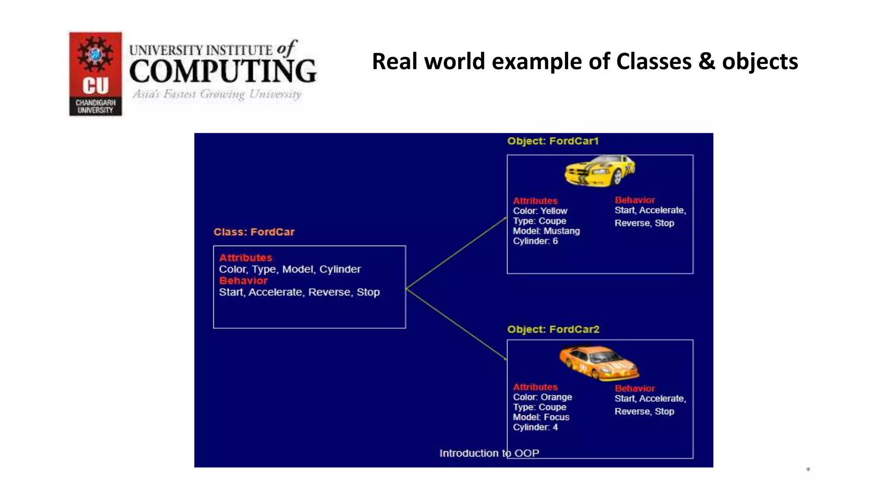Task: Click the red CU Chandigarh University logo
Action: click(x=96, y=74)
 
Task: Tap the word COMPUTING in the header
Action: click(x=223, y=71)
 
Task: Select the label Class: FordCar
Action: click(x=254, y=232)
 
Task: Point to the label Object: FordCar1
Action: click(x=553, y=141)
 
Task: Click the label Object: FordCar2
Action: click(x=553, y=329)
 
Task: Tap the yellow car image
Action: click(x=599, y=170)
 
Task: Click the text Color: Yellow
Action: click(x=540, y=211)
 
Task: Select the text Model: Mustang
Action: click(x=546, y=231)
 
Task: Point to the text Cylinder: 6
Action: click(x=535, y=241)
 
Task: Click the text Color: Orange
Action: click(x=542, y=397)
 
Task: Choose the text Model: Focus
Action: click(x=541, y=417)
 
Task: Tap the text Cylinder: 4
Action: click(x=535, y=427)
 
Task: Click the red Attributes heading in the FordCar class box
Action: click(x=246, y=258)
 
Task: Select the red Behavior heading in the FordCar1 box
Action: click(x=634, y=200)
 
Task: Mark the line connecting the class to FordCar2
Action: click(x=456, y=324)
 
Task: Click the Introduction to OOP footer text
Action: click(x=489, y=453)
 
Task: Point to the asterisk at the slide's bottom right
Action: click(x=808, y=470)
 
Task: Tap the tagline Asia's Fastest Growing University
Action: click(x=217, y=94)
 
